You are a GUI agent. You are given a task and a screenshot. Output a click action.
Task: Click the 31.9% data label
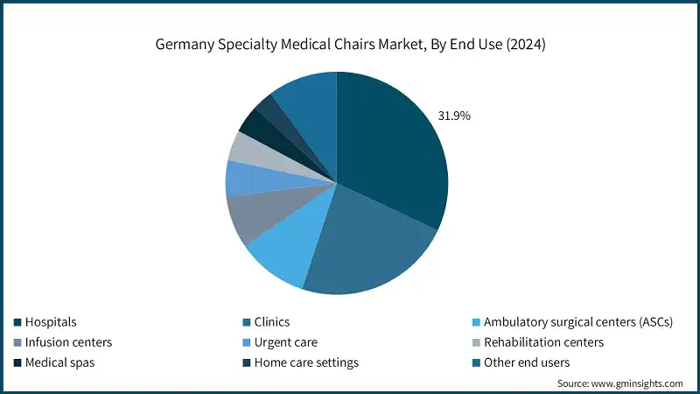tap(453, 116)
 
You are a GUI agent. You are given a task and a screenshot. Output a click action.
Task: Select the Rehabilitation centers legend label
tap(543, 342)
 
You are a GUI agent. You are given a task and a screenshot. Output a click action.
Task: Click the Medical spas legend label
tap(60, 362)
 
